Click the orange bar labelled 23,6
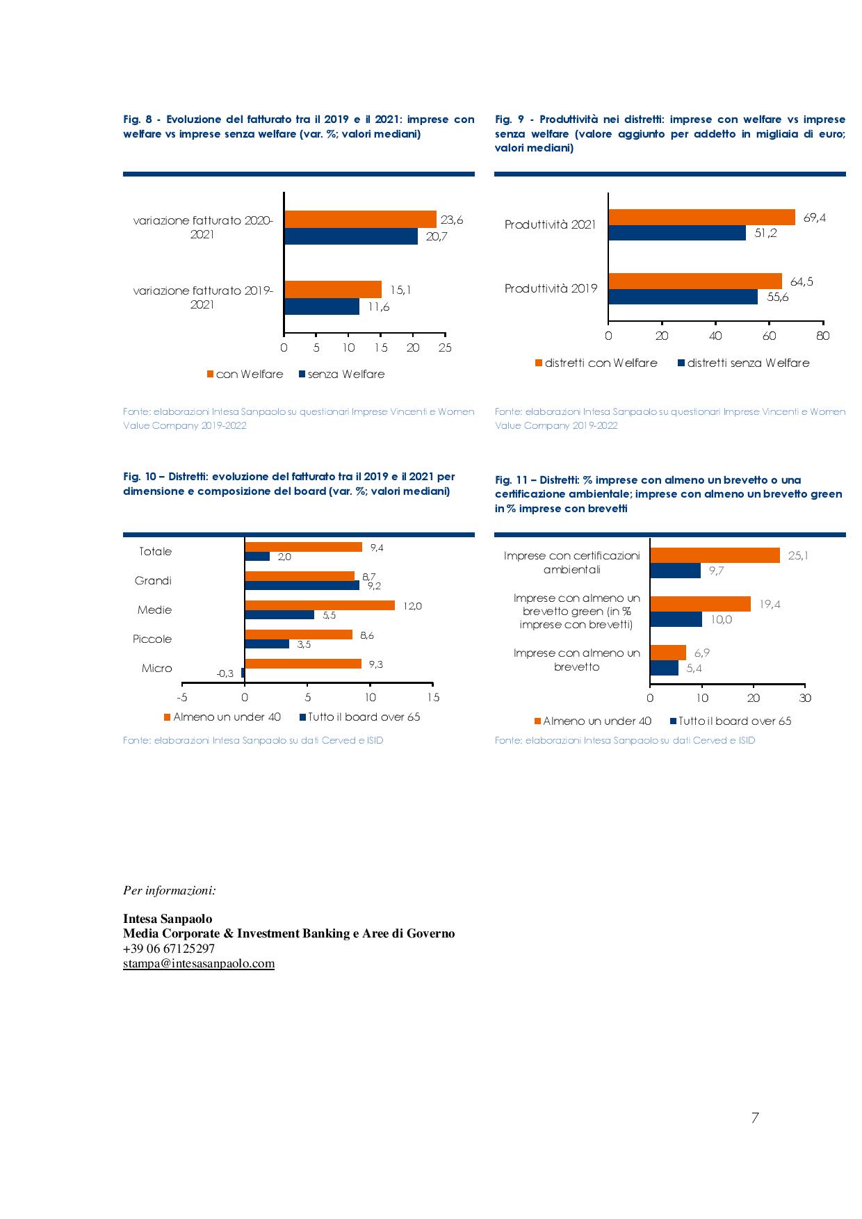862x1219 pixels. point(360,219)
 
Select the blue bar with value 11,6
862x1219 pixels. point(322,306)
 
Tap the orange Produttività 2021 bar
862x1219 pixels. point(702,217)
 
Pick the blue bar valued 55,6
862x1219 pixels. point(683,296)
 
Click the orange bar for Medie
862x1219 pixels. point(320,605)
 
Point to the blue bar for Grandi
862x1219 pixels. point(302,585)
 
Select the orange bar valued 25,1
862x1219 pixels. point(715,555)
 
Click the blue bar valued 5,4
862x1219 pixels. point(665,668)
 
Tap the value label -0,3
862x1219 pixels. point(225,673)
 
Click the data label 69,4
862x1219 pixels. point(815,218)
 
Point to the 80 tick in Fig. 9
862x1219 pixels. point(823,336)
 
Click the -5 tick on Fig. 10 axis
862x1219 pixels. point(182,697)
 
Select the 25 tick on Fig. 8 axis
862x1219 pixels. point(445,347)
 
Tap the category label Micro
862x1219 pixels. point(156,668)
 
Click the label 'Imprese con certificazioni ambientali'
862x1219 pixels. point(571,563)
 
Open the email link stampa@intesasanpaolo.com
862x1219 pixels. point(199,964)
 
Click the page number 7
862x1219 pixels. point(754,1118)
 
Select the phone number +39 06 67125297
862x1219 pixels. point(169,949)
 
